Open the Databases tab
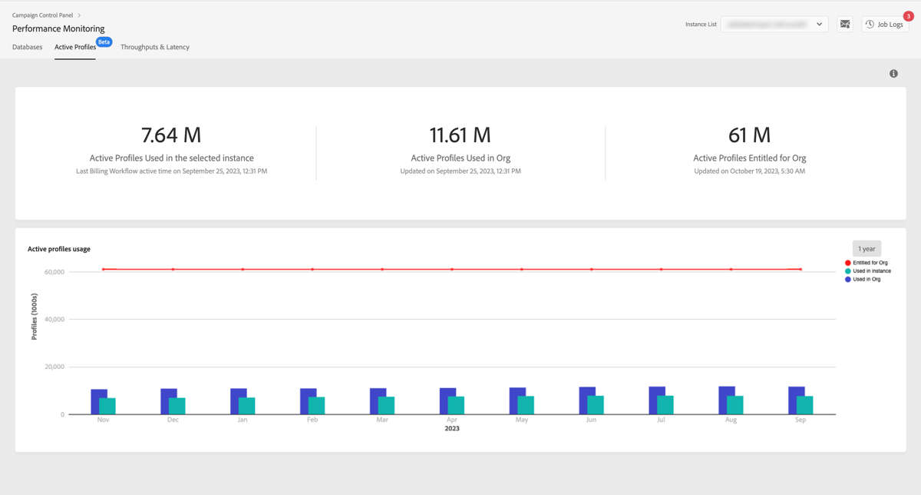[x=28, y=47]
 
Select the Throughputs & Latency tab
[x=155, y=47]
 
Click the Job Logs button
[x=885, y=25]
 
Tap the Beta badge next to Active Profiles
[x=104, y=42]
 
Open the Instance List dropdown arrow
[x=819, y=25]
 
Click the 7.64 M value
[x=171, y=135]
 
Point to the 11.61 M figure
[x=460, y=135]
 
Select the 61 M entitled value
[x=749, y=135]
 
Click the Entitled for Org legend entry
[x=870, y=263]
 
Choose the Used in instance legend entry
[x=871, y=271]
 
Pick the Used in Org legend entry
[x=867, y=280]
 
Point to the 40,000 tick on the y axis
[x=54, y=319]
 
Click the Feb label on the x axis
[x=312, y=420]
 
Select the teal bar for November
[x=107, y=406]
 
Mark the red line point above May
[x=522, y=270]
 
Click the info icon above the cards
[x=893, y=74]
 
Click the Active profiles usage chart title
[x=59, y=249]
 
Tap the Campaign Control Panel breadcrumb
[x=42, y=15]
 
